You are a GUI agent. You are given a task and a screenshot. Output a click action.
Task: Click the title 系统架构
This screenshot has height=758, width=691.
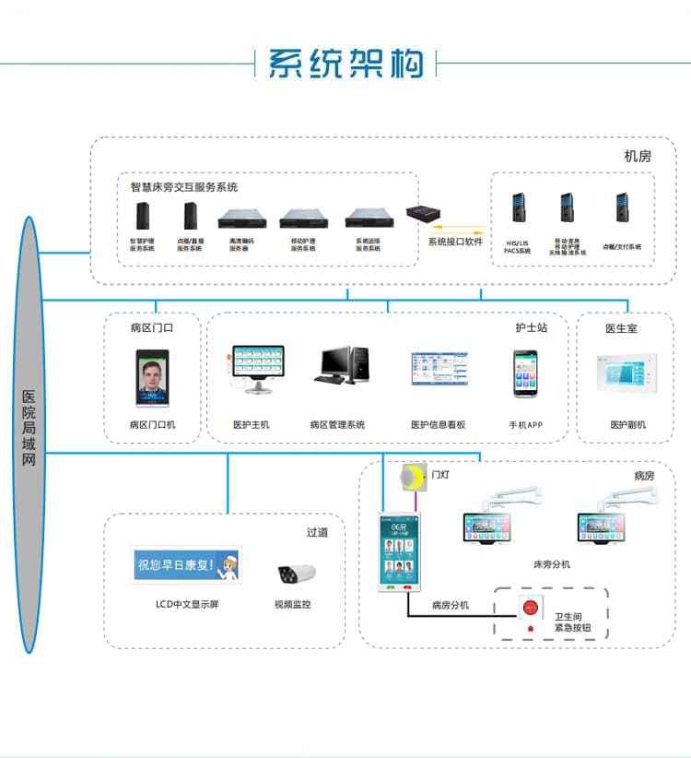(345, 63)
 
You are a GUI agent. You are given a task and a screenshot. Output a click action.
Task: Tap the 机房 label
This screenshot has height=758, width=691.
(638, 156)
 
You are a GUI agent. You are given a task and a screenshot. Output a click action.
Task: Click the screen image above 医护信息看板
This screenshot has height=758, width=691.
(439, 373)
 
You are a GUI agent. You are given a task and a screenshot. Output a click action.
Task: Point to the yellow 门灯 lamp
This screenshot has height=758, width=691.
(414, 476)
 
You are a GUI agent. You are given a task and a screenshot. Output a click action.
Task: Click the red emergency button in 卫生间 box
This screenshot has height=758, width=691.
(530, 609)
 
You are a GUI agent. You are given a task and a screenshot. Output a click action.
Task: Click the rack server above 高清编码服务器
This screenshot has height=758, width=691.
(240, 219)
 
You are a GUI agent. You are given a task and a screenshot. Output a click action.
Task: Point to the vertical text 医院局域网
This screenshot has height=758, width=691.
(29, 429)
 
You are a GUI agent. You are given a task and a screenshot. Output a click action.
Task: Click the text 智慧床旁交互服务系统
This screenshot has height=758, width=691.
(184, 186)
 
